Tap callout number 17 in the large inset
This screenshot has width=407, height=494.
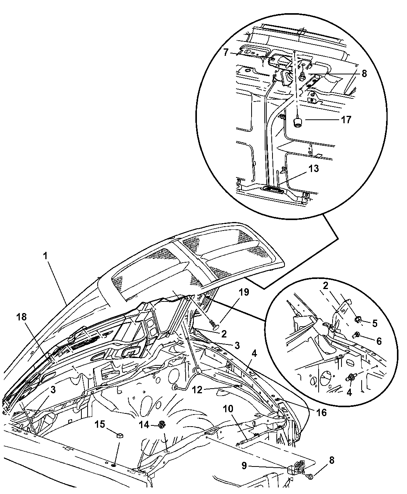coord(346,119)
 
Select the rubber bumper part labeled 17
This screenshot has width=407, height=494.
coord(297,122)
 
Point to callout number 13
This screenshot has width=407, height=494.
coord(314,169)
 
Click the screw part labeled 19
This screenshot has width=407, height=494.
coord(212,321)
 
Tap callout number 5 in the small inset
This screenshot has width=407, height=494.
coord(374,323)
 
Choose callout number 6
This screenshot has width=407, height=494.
coord(379,341)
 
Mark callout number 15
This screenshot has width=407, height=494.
coord(100,425)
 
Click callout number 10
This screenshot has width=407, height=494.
coord(228,409)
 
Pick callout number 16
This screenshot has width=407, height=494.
coord(321,413)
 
